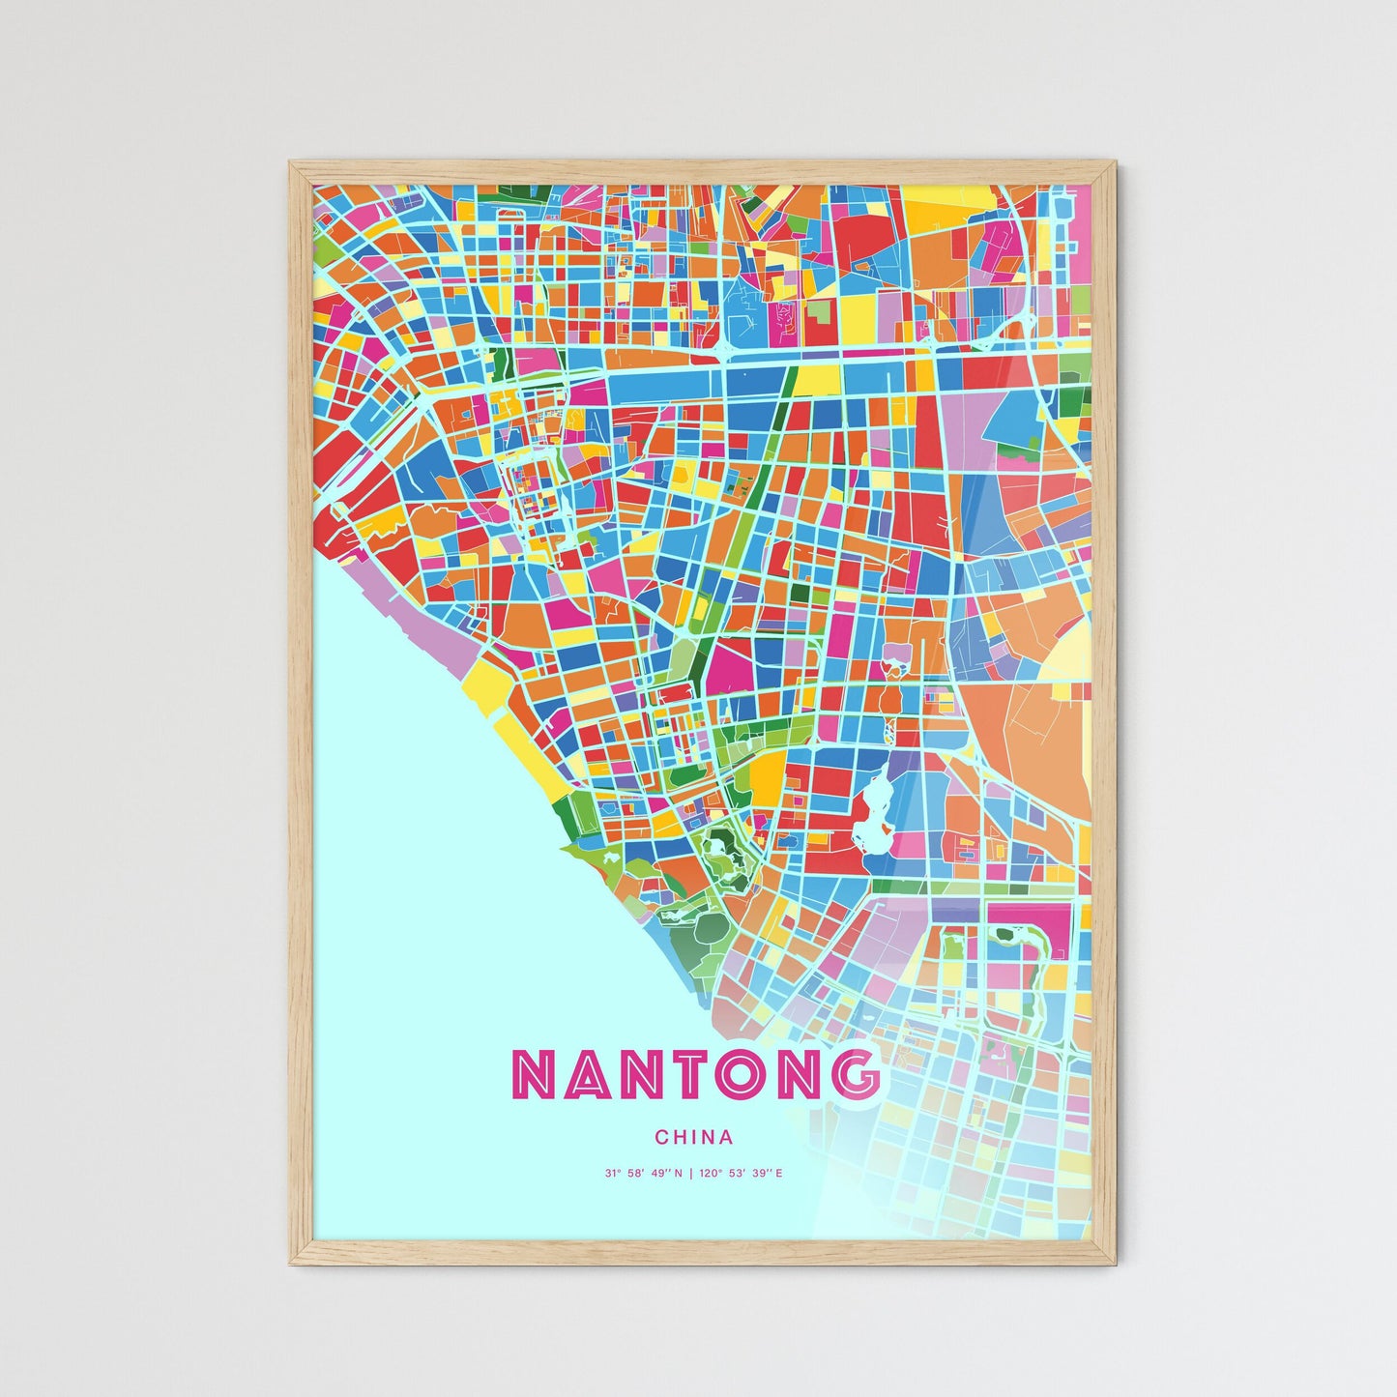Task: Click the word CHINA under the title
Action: (x=693, y=1138)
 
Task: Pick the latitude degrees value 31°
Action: (x=612, y=1174)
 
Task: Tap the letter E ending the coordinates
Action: (x=778, y=1174)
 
